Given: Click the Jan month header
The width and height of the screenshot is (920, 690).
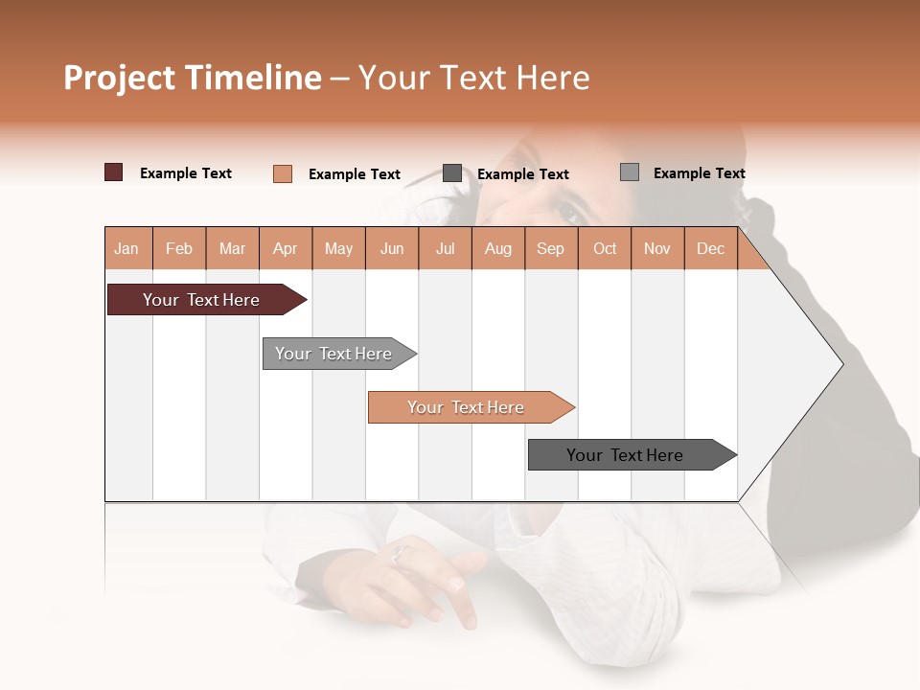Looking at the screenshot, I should pyautogui.click(x=126, y=248).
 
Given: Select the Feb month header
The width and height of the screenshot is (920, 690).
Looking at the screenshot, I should pyautogui.click(x=179, y=248).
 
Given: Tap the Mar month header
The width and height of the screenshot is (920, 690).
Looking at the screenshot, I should pyautogui.click(x=232, y=248).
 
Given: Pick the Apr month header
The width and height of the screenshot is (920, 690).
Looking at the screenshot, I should pyautogui.click(x=286, y=248).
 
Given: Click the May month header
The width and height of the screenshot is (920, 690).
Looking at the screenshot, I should pyautogui.click(x=338, y=248).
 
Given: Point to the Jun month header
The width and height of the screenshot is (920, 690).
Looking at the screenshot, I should pyautogui.click(x=392, y=248).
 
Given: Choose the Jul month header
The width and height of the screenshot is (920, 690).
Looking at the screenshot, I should pyautogui.click(x=445, y=248).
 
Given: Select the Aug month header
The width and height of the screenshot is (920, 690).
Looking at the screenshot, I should pyautogui.click(x=498, y=248).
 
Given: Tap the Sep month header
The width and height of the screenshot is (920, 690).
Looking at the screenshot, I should pyautogui.click(x=551, y=248).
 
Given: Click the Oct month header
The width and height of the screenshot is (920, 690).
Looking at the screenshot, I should pyautogui.click(x=605, y=248).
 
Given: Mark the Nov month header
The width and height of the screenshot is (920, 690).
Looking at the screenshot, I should pyautogui.click(x=657, y=248).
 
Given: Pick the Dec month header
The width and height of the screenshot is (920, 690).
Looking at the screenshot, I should pyautogui.click(x=711, y=248).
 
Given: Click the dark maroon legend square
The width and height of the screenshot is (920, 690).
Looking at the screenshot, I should pyautogui.click(x=114, y=172).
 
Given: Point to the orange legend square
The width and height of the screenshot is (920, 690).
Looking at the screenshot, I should pyautogui.click(x=283, y=173).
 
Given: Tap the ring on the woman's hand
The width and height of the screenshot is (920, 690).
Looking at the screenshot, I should pyautogui.click(x=400, y=553).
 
